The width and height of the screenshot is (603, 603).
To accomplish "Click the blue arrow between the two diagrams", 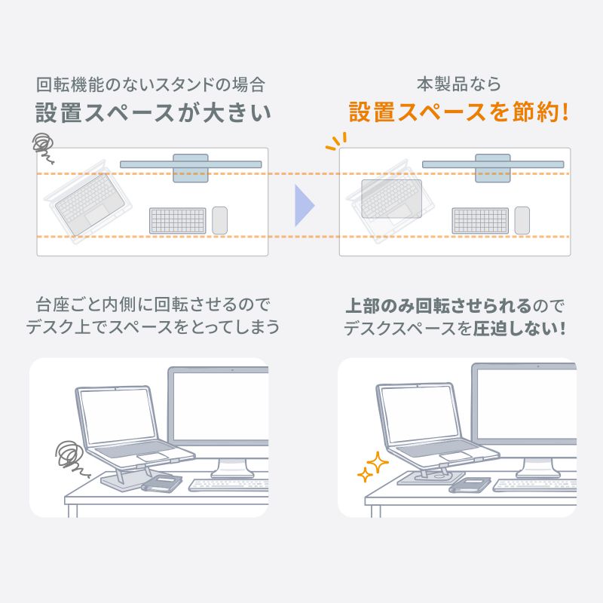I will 304,203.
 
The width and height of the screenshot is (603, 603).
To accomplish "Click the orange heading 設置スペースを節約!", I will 458,113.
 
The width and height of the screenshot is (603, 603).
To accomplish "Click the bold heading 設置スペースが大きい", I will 153,113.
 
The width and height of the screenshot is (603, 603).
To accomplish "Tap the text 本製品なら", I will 458,84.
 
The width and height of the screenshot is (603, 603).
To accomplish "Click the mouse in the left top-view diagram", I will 219,220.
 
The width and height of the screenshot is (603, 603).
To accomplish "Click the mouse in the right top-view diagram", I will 522,220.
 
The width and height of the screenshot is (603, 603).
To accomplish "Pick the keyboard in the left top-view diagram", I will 178,220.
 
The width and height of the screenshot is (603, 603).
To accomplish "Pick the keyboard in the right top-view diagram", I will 480,220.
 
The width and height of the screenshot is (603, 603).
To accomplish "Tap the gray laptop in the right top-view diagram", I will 390,198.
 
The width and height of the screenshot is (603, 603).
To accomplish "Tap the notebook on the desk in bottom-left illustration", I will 161,482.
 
